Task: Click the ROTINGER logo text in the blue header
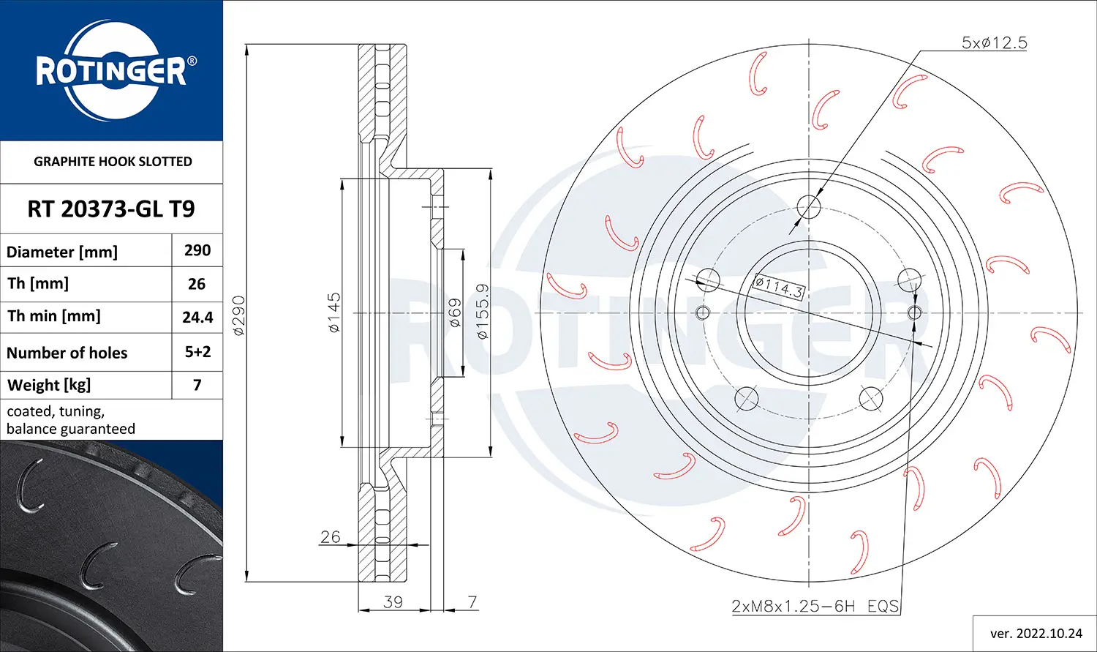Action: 111,72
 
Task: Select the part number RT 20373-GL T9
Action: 111,209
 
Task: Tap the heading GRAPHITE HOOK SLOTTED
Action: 113,162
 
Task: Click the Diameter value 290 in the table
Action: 197,250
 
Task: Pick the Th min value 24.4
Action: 197,317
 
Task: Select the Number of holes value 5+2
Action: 197,352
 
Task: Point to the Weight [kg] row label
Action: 49,385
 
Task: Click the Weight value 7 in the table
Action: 197,385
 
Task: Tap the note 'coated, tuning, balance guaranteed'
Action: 71,420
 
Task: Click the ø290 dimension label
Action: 239,315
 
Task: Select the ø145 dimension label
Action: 334,312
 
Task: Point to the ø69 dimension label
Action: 454,312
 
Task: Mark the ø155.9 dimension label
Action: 483,312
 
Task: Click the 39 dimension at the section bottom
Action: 393,602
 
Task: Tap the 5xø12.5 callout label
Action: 994,43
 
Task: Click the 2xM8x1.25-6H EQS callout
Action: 815,606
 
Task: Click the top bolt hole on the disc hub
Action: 809,207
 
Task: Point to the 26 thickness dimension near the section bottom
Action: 331,536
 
